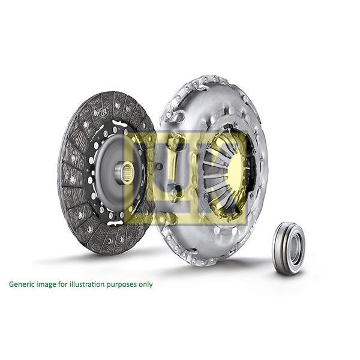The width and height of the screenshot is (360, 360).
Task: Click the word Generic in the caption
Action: point(22,284)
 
